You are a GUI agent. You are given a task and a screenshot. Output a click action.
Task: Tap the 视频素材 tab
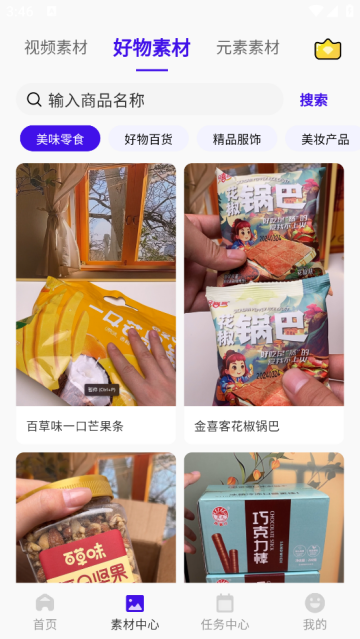[x=56, y=47]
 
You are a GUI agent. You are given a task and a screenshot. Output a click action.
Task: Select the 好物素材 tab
[x=152, y=47]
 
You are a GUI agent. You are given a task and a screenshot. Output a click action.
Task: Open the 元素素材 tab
[x=248, y=47]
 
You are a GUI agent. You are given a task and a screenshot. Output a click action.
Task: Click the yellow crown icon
[x=328, y=49]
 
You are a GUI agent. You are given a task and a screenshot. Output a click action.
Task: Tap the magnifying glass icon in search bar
[x=34, y=99]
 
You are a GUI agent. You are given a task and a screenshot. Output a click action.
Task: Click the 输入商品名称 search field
[x=150, y=99]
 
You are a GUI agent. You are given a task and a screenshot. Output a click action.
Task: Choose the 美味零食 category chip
[x=60, y=139]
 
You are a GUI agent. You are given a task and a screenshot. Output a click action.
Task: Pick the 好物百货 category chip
[x=148, y=139]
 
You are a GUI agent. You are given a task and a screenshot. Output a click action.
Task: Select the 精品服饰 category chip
[x=237, y=139]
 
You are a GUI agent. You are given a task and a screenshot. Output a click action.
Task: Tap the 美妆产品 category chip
[x=324, y=139]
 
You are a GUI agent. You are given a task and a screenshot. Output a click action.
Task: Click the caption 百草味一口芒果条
[x=75, y=426]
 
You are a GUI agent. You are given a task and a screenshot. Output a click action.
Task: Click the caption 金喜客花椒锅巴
[x=237, y=426]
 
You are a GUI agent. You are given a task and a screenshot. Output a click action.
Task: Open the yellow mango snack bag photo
[x=96, y=330]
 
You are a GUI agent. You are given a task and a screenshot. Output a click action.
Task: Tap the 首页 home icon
[x=45, y=603]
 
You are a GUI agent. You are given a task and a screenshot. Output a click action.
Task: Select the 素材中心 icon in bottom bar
[x=134, y=603]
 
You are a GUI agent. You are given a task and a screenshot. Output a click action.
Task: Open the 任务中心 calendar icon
[x=225, y=603]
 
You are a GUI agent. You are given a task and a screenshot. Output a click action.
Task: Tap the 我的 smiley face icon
[x=315, y=603]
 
